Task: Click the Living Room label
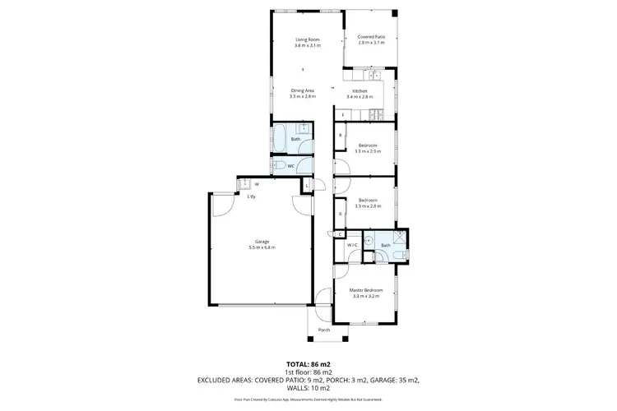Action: coord(308,39)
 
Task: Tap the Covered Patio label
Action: coord(370,37)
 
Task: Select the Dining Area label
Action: coord(303,90)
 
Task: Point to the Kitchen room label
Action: coord(360,90)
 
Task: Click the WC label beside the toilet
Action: coord(291,166)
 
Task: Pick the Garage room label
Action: coord(262,242)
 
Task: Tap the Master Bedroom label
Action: coord(367,290)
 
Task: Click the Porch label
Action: coord(324,330)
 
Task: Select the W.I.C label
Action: coord(351,245)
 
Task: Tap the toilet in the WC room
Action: coord(279,166)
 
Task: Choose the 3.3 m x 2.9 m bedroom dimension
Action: coord(367,151)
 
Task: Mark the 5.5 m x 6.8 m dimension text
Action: coord(262,247)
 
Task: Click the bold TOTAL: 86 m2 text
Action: coord(308,363)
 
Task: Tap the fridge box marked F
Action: coord(343,115)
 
